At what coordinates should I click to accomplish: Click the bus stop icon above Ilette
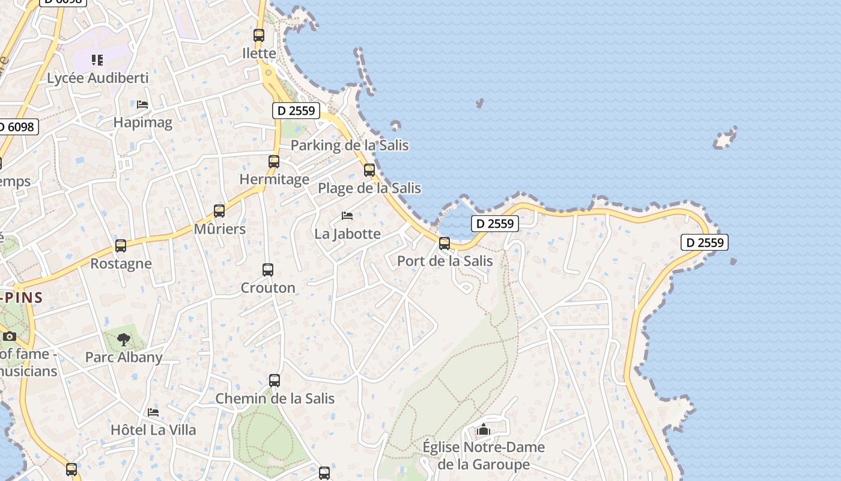pos(259,35)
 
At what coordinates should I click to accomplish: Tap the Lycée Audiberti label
pos(97,78)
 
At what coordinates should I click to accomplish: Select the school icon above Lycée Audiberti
pos(97,60)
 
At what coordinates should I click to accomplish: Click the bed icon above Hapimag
pos(142,105)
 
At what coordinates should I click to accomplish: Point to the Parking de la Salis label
pos(349,146)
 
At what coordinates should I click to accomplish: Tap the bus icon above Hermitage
pos(274,162)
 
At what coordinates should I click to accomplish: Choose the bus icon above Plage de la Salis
pos(369,170)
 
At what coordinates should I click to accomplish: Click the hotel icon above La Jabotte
pos(347,216)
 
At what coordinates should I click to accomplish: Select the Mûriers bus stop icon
pos(219,211)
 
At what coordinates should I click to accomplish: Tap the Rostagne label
pos(121,264)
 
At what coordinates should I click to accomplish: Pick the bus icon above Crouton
pos(268,270)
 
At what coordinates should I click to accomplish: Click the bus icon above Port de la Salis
pos(445,244)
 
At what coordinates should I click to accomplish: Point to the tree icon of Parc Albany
pos(124,340)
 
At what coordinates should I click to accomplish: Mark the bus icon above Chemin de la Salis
pos(275,381)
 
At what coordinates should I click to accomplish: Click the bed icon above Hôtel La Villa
pos(153,412)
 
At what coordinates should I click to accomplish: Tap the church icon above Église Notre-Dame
pos(484,430)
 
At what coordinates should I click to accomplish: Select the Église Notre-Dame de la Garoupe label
pos(484,456)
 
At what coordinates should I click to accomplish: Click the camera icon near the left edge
pos(9,336)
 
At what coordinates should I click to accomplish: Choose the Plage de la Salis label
pos(369,188)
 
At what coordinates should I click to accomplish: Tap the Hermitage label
pos(275,179)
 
